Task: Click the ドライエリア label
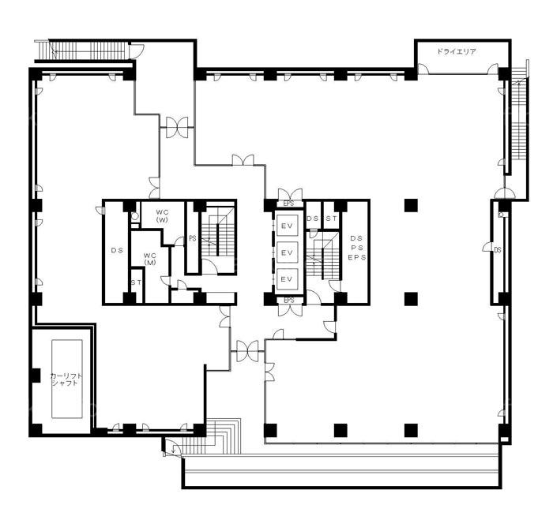[x=457, y=51]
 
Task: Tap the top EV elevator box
[x=287, y=226]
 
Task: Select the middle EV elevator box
[x=287, y=252]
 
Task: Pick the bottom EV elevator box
[x=287, y=279]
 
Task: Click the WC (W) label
[x=163, y=216]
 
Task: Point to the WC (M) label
[x=150, y=259]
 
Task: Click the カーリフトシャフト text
[x=67, y=379]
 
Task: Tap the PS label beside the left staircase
[x=193, y=238]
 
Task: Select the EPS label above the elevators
[x=288, y=204]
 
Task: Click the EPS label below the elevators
[x=289, y=300]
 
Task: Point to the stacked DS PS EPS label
[x=357, y=248]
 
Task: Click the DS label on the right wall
[x=498, y=250]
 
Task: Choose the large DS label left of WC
[x=117, y=250]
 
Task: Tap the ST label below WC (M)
[x=137, y=282]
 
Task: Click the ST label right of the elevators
[x=331, y=219]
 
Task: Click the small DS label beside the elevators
[x=313, y=219]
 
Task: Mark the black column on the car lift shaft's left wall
[x=36, y=375]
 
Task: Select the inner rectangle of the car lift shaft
[x=67, y=379]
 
